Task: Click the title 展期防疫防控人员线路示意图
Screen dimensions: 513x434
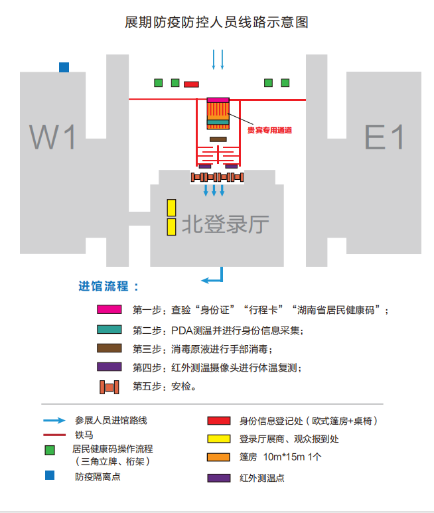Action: click(217, 23)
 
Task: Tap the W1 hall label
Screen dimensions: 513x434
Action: click(53, 137)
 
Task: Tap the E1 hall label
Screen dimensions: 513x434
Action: click(384, 137)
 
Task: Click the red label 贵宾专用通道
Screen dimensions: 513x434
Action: click(270, 130)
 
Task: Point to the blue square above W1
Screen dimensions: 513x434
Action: click(64, 67)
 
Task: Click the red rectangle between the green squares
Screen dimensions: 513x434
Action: click(191, 84)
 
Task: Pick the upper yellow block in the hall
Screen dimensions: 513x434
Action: click(171, 207)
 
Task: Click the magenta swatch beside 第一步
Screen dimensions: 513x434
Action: click(109, 309)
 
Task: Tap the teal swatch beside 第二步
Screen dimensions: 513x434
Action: click(109, 329)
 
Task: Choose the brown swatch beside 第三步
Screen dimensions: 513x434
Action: click(109, 348)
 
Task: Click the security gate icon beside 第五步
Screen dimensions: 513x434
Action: click(109, 386)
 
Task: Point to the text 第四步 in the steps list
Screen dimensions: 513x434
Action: click(146, 367)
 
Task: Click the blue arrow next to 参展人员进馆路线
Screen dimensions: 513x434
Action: click(54, 420)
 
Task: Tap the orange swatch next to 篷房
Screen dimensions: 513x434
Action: click(219, 457)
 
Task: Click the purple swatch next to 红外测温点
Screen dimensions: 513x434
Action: click(219, 478)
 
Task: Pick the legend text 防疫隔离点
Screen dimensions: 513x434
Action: click(98, 476)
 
